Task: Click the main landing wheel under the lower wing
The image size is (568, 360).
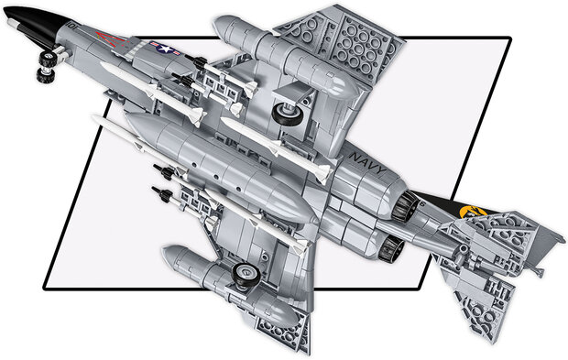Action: [x=245, y=271]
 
